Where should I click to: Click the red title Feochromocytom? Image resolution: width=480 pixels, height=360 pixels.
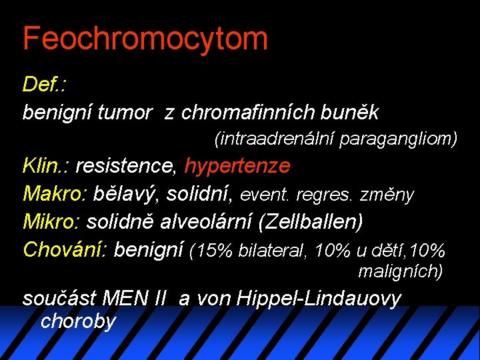coord(145,38)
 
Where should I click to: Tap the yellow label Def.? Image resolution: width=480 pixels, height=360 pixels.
coord(47,84)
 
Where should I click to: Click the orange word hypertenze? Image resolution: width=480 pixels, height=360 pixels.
coord(237,165)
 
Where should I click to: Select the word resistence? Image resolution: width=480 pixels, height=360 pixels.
coord(125,165)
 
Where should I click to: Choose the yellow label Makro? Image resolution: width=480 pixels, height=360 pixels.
coord(55,194)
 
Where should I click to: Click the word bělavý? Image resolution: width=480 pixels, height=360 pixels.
coord(126,194)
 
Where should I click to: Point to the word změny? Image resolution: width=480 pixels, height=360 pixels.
coord(387,195)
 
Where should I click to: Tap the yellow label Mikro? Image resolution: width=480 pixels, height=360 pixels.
coord(52,221)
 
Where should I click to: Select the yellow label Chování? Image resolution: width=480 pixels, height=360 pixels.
coord(65,249)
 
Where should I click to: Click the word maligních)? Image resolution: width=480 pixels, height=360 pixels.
coord(400,271)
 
